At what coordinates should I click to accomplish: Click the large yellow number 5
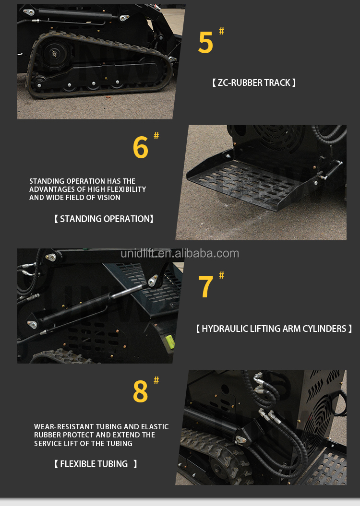205,43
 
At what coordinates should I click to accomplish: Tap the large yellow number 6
140,148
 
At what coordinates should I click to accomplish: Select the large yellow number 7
205,287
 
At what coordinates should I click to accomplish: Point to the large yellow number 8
140,392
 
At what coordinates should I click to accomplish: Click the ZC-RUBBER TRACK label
254,83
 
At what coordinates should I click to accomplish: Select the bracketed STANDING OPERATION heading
104,219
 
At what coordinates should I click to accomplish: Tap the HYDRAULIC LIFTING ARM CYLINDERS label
274,329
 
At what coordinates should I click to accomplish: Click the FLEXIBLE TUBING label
95,464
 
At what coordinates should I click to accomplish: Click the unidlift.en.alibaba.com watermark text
180,254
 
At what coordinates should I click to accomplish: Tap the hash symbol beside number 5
221,31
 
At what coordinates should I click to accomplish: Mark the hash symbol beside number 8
156,380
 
